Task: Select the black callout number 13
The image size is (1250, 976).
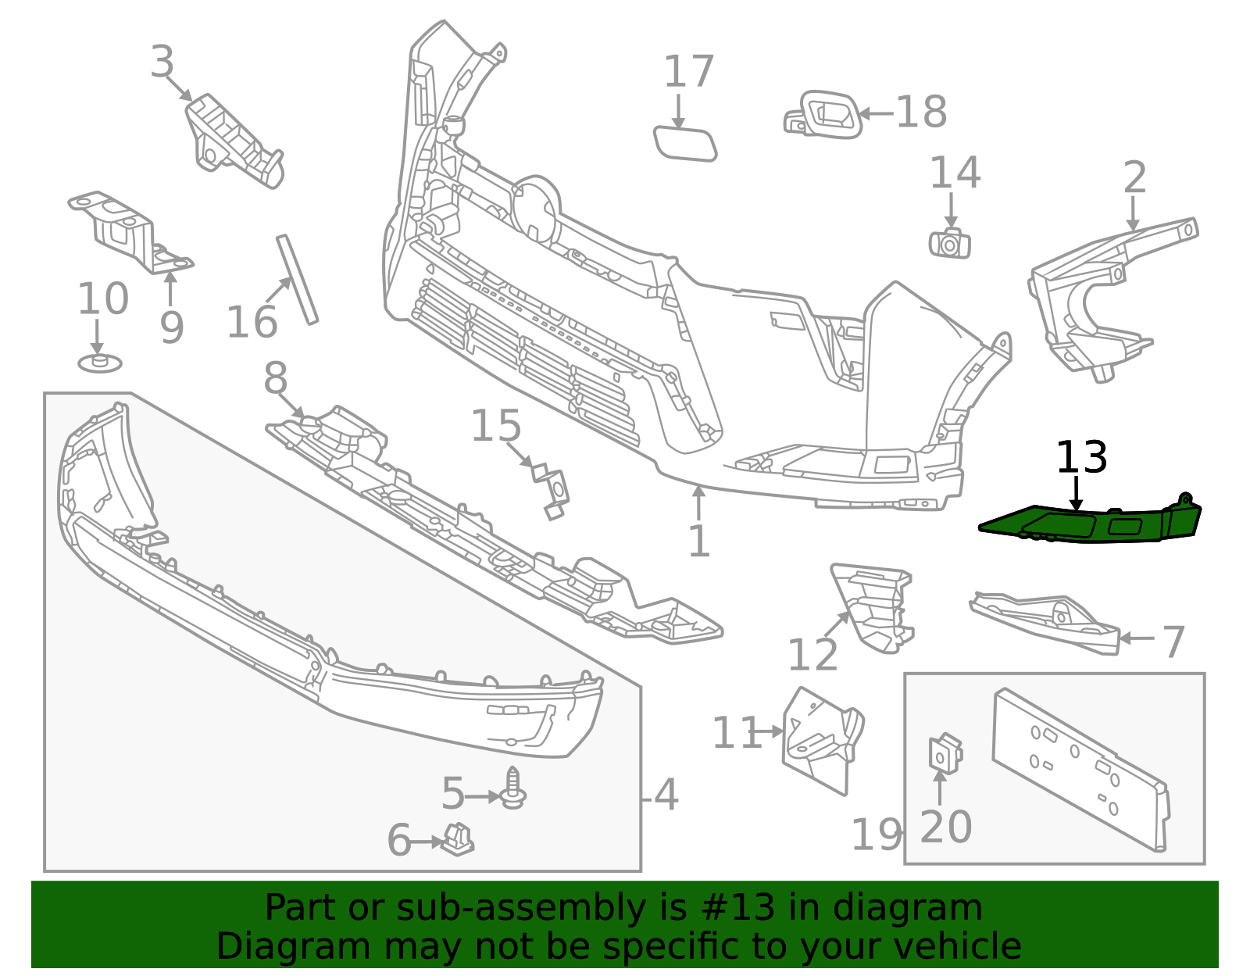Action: click(x=1081, y=458)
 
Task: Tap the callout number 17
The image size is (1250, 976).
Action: click(x=688, y=72)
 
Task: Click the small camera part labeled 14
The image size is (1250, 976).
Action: click(x=950, y=243)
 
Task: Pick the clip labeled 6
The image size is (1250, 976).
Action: click(x=458, y=839)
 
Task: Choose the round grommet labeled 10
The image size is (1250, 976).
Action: click(x=99, y=363)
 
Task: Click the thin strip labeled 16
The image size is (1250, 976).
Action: click(x=297, y=280)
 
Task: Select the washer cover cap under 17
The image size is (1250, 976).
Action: click(x=685, y=143)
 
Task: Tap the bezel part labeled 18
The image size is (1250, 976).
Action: click(x=823, y=115)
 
